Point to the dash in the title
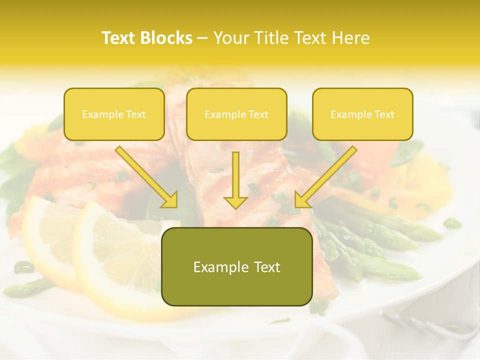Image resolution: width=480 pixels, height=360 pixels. point(202,38)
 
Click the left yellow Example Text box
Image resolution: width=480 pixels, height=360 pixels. point(114,114)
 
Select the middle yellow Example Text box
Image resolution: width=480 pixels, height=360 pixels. point(236,114)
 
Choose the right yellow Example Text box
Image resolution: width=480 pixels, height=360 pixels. point(362,114)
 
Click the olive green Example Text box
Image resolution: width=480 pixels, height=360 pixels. point(236,266)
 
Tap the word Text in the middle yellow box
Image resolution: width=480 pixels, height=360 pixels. point(258,114)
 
